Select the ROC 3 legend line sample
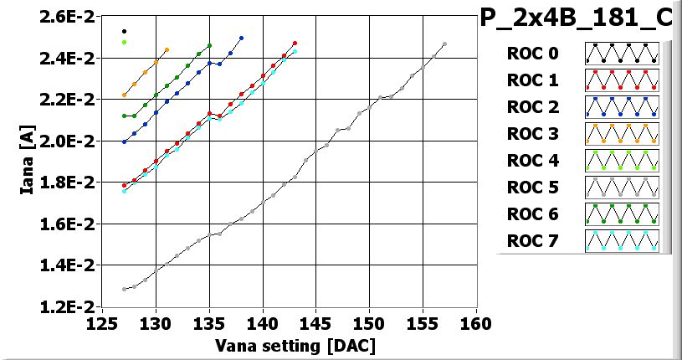pos(623,134)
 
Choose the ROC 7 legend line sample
pos(623,241)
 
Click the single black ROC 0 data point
pos(124,32)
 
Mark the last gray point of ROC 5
pos(444,44)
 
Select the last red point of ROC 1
pos(295,44)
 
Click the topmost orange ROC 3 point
pos(167,50)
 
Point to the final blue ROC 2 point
pos(241,38)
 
